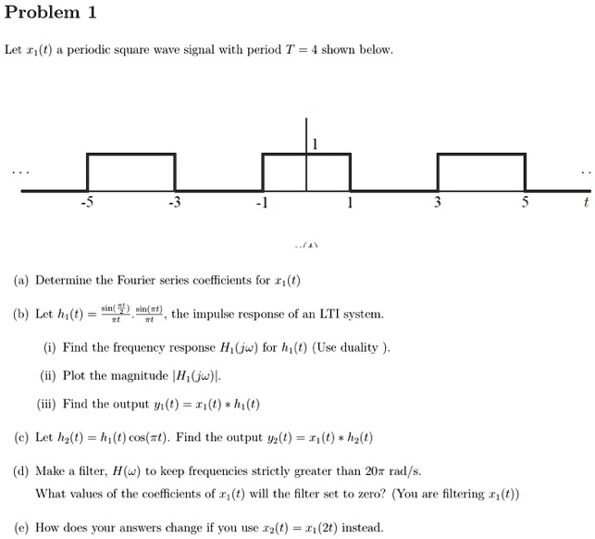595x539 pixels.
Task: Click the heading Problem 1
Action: click(51, 13)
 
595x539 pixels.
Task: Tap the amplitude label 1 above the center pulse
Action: click(315, 144)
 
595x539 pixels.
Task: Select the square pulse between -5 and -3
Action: click(130, 171)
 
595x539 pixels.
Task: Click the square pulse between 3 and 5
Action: click(482, 171)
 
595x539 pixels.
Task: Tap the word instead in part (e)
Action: click(362, 528)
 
